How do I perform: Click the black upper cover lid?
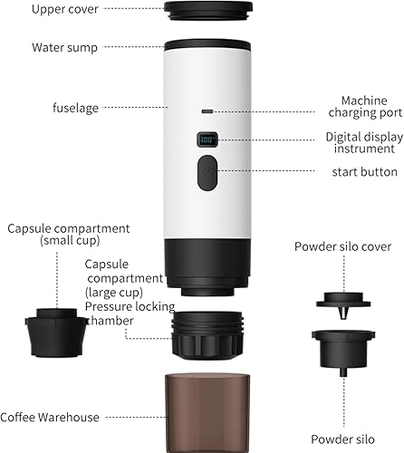pyautogui.click(x=208, y=10)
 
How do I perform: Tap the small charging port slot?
pyautogui.click(x=207, y=111)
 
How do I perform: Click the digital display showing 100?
pyautogui.click(x=207, y=140)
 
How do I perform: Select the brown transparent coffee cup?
pyautogui.click(x=207, y=413)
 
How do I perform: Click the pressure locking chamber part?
pyautogui.click(x=207, y=335)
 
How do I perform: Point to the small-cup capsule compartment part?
pyautogui.click(x=56, y=333)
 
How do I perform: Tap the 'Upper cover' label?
pyautogui.click(x=65, y=9)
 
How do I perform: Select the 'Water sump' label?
pyautogui.click(x=64, y=48)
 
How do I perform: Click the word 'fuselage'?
pyautogui.click(x=75, y=108)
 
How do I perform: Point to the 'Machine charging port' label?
pyautogui.click(x=365, y=107)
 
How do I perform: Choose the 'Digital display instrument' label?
pyautogui.click(x=364, y=142)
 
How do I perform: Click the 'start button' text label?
pyautogui.click(x=365, y=172)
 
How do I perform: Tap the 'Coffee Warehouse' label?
pyautogui.click(x=50, y=417)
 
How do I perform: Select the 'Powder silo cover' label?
pyautogui.click(x=342, y=246)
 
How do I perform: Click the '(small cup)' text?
pyautogui.click(x=70, y=240)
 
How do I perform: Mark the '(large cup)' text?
pyautogui.click(x=114, y=293)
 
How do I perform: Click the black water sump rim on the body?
pyautogui.click(x=207, y=44)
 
